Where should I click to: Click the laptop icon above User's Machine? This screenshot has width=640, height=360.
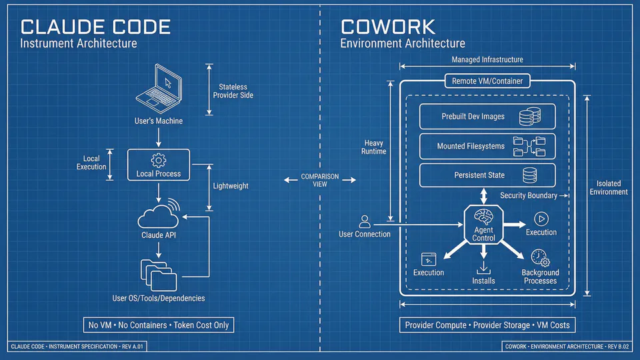point(159,89)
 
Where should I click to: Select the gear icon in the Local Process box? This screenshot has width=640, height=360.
point(159,160)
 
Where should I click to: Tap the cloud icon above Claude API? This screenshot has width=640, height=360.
point(159,215)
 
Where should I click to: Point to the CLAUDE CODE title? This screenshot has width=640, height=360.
point(95,27)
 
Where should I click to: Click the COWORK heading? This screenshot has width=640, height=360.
point(388,27)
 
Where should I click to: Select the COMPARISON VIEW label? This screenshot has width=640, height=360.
point(320,180)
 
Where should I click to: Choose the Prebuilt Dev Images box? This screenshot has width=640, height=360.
point(487,117)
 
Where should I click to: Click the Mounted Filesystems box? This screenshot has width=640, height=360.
point(487,146)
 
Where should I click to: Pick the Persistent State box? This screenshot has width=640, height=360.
point(487,175)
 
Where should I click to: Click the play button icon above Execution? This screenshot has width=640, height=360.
point(541,218)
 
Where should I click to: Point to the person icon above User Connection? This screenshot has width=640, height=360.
point(365,221)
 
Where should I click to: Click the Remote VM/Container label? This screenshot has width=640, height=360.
point(487,81)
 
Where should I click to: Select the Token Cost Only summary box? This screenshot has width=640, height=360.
point(158,325)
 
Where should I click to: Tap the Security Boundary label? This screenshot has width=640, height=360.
point(528,196)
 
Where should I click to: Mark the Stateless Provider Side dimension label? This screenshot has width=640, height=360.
point(233,91)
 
